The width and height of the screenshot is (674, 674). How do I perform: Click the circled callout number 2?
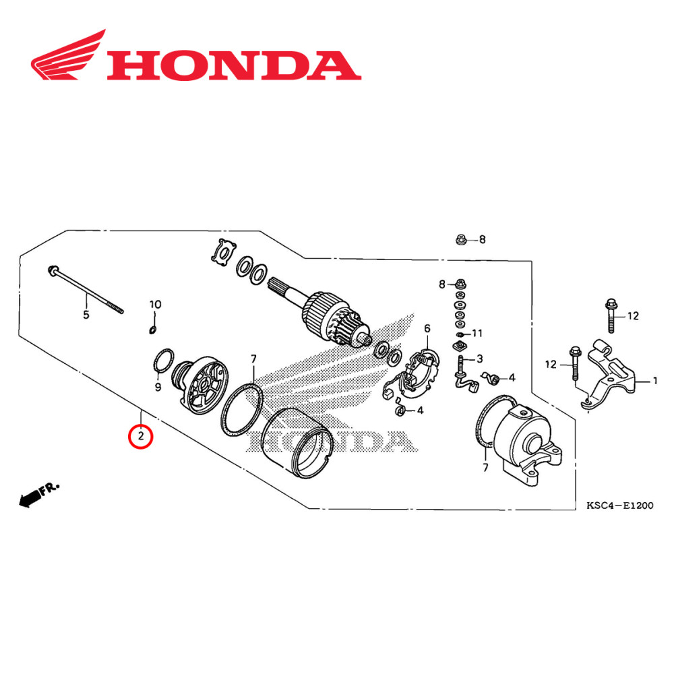pos(141,436)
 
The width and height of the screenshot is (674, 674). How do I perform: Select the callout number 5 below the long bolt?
pos(86,315)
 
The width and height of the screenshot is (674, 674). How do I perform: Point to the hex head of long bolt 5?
pos(52,271)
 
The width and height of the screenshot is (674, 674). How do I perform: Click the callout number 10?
pos(155,305)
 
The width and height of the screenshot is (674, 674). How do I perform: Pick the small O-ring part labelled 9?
pos(162,361)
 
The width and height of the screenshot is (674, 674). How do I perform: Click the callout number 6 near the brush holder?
pos(427,328)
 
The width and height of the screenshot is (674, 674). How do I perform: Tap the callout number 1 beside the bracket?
pos(654,381)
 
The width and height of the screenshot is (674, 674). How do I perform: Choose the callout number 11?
pos(477,333)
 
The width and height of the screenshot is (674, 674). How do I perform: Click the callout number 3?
pos(479,358)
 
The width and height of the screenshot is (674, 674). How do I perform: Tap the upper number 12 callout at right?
pos(632,315)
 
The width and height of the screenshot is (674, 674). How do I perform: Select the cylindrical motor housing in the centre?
pos(300,445)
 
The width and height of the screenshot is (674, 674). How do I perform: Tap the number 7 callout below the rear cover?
pos(484,466)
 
